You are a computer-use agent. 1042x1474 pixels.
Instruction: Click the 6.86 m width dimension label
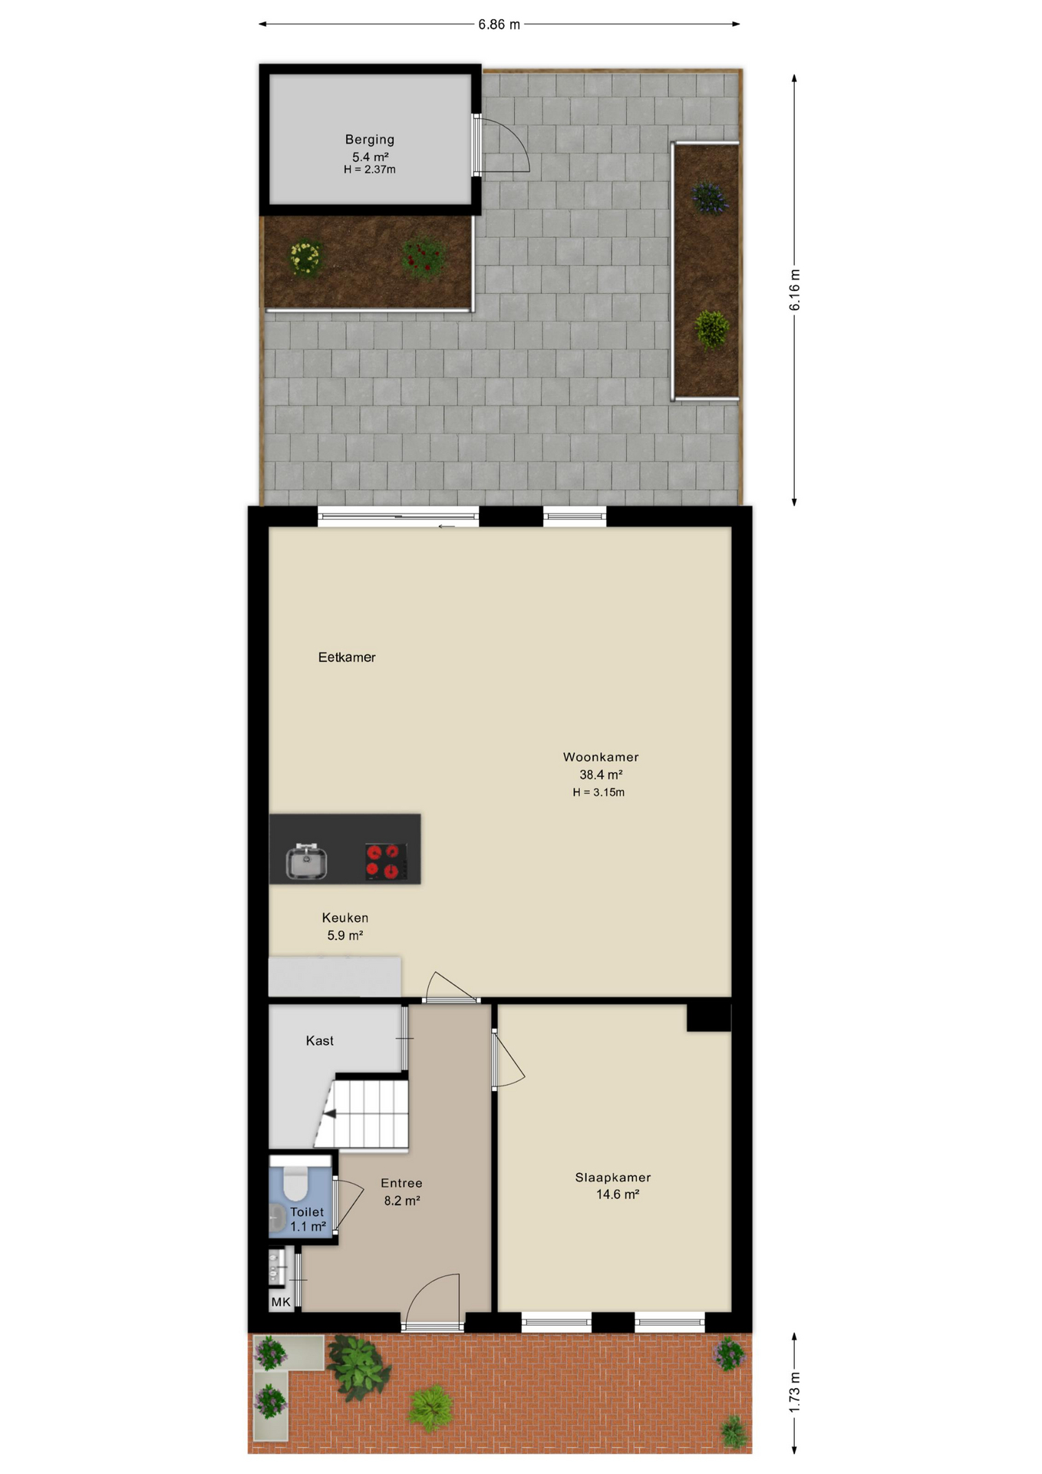(x=499, y=25)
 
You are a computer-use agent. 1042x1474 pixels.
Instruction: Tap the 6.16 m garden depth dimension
(x=795, y=290)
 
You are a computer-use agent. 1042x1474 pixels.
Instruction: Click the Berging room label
(x=369, y=140)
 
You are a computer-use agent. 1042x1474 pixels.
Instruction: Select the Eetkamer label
(x=347, y=657)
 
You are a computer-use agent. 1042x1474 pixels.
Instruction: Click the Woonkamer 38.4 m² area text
(x=601, y=775)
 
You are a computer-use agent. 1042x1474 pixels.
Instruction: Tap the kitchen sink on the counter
(x=306, y=861)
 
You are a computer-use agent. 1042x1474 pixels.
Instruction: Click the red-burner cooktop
(x=386, y=861)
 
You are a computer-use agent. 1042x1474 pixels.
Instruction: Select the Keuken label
(x=345, y=917)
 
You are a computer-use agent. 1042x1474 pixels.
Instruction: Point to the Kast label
(x=319, y=1041)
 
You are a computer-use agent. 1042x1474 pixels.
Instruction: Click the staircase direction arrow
(x=329, y=1113)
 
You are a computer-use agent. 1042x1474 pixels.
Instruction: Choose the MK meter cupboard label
(x=281, y=1302)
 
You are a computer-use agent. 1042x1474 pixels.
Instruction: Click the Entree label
(x=401, y=1183)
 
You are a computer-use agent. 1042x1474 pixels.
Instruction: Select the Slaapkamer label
(x=613, y=1177)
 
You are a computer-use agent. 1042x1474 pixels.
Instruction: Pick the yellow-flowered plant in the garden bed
(x=305, y=258)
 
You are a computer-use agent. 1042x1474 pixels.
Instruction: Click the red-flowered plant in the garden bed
(x=423, y=258)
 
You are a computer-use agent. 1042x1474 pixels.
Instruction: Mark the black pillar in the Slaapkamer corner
(x=709, y=1018)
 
